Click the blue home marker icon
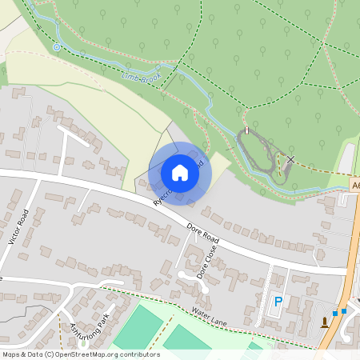180,172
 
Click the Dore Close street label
206,262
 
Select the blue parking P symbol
278,302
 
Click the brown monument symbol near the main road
324,322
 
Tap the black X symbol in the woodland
290,160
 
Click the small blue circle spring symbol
57,47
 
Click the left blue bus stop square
335,313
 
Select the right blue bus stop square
344,310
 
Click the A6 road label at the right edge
354,185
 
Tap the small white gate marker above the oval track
247,130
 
